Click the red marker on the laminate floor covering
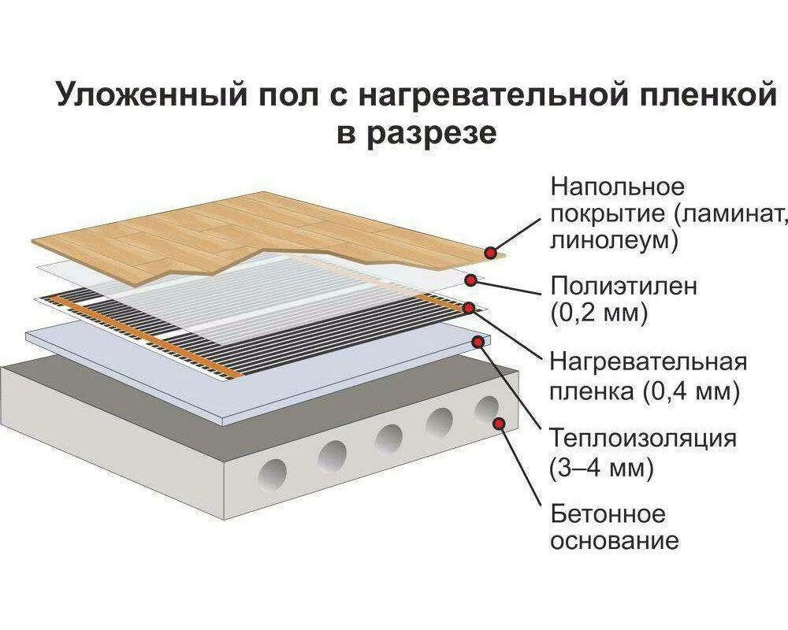click(x=491, y=253)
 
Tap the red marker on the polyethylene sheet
click(x=471, y=280)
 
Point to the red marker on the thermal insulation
click(x=478, y=341)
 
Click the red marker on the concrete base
click(x=499, y=423)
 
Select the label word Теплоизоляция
click(x=644, y=438)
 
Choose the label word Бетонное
click(x=608, y=514)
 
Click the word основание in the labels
click(x=614, y=541)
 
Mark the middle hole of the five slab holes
click(x=389, y=438)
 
